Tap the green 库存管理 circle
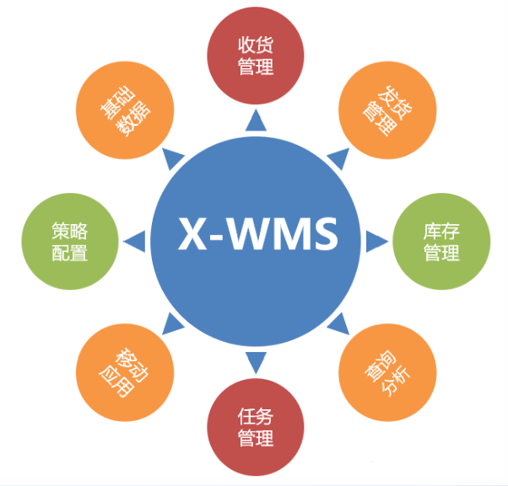coord(440,241)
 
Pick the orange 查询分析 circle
coord(388,373)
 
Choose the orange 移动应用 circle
coord(118,373)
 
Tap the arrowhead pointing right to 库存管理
coord(376,243)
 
